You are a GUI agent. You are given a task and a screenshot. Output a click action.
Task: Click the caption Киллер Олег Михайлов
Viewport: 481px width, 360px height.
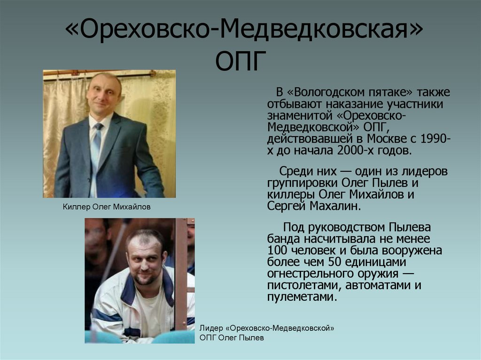pyautogui.click(x=107, y=207)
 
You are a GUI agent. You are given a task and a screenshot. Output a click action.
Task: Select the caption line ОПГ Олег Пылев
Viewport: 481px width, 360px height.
pyautogui.click(x=232, y=337)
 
